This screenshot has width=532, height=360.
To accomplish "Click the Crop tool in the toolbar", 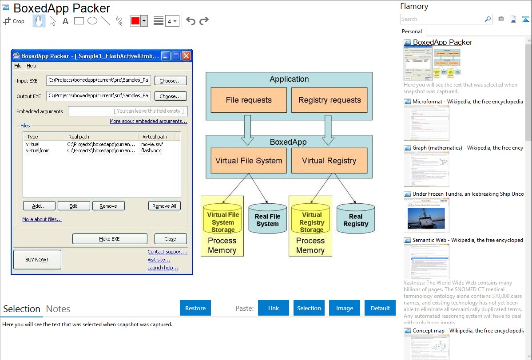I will click(x=14, y=21).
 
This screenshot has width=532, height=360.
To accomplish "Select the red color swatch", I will click(x=135, y=21).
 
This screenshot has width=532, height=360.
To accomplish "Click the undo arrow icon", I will click(x=191, y=21).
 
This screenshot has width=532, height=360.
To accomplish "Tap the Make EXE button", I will click(x=110, y=239).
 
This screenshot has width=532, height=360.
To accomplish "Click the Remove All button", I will click(x=164, y=206).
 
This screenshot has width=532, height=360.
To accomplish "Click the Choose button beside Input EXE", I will click(x=171, y=81).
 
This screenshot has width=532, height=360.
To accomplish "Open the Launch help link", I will click(x=163, y=268).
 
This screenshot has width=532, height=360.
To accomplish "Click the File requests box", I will click(x=249, y=100).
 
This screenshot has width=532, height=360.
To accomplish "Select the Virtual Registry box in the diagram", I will click(x=329, y=161).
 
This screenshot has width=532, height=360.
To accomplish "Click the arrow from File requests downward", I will click(x=247, y=129).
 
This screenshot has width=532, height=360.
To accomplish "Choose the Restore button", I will click(x=195, y=308).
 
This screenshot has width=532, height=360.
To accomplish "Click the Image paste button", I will click(x=345, y=308).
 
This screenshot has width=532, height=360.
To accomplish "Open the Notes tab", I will click(x=58, y=309).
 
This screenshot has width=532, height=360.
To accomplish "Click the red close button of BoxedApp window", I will click(x=187, y=56).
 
